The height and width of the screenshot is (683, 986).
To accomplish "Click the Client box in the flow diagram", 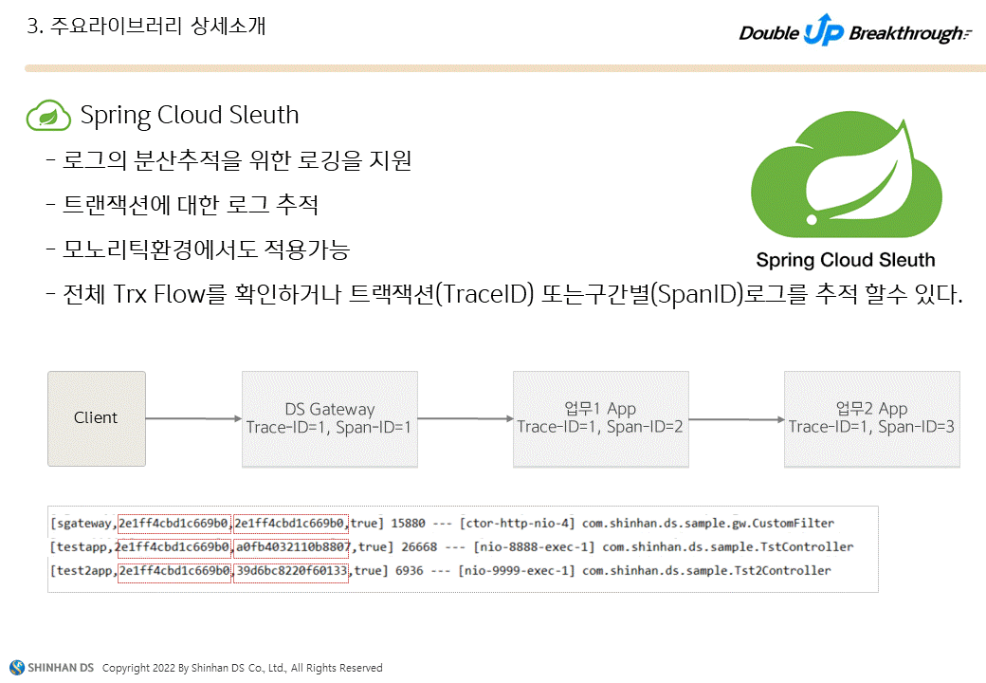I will pos(97,418).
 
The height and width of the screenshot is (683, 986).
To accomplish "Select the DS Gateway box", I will pos(329,418).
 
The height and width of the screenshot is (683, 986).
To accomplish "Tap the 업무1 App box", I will pos(600,418).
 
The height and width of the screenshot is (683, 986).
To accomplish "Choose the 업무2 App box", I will pos(871,418).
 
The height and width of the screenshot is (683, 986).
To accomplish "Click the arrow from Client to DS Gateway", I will pos(193,418).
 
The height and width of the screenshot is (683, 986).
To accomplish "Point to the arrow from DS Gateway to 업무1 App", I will pos(465,418).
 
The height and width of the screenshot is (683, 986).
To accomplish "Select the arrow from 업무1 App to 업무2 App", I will pos(736,418).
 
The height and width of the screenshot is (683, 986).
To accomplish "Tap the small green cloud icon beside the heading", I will pos(48,116).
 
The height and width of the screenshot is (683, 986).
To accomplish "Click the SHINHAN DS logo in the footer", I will pos(51,668).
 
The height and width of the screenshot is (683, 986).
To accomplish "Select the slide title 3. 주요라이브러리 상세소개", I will pos(146,27).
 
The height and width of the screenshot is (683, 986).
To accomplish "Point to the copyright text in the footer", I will pos(242,668).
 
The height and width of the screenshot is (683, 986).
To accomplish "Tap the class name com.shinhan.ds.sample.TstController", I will pos(728,546).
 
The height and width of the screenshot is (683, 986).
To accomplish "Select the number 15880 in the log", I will pos(411,523).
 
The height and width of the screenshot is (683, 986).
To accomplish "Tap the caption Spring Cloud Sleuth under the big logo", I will pos(845,260).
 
